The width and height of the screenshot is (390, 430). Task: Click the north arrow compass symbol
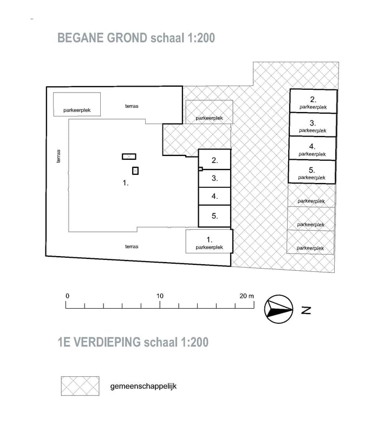(278, 309)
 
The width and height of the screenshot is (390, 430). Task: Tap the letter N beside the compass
(306, 310)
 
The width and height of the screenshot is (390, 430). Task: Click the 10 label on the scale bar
(160, 296)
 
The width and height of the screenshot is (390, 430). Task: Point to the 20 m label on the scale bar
(246, 296)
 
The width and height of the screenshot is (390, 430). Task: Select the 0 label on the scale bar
(68, 296)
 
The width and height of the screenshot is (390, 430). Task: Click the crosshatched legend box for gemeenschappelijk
(80, 386)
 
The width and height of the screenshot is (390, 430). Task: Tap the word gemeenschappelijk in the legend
(143, 386)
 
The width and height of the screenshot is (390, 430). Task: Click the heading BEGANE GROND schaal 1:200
(136, 38)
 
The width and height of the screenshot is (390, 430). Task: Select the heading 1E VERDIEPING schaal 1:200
(133, 342)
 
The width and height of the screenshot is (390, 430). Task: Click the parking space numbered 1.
(209, 242)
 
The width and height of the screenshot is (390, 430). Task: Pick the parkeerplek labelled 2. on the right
(314, 101)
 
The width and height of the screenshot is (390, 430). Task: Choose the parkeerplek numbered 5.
(312, 172)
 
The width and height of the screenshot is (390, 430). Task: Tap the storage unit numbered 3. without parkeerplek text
(214, 179)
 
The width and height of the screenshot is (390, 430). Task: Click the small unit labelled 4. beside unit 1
(214, 197)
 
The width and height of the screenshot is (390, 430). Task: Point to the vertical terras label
(58, 157)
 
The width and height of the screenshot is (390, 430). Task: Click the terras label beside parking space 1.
(132, 246)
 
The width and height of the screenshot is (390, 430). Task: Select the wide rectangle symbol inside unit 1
(129, 157)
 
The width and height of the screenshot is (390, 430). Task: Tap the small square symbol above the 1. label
(135, 171)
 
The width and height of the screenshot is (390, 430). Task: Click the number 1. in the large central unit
(126, 183)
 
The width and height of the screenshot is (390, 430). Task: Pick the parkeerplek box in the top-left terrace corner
(77, 104)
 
